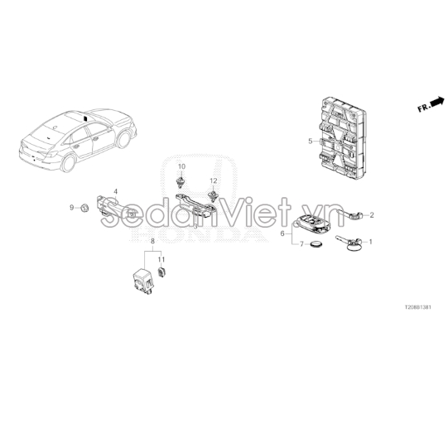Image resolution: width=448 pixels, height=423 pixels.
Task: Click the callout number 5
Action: [x=311, y=141]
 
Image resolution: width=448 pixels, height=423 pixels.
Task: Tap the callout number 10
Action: [x=181, y=166]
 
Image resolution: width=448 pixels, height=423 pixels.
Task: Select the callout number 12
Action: [x=214, y=180]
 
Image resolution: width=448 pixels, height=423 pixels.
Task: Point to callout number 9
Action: [x=72, y=208]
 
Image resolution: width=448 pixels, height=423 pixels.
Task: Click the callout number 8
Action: [x=152, y=242]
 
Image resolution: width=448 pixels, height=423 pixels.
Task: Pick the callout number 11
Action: [x=161, y=259]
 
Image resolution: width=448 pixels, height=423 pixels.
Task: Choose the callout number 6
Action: [x=282, y=233]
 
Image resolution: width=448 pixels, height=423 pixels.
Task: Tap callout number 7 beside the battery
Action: [x=301, y=244]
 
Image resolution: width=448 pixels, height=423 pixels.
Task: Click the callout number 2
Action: [x=372, y=215]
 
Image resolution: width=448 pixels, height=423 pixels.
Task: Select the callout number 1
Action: [x=371, y=242]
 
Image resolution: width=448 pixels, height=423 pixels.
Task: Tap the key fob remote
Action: [x=311, y=222]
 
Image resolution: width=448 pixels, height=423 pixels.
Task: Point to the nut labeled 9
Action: [x=84, y=208]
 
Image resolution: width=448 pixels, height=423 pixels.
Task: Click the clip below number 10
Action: [x=180, y=182]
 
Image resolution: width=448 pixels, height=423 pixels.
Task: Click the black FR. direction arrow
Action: [x=437, y=102]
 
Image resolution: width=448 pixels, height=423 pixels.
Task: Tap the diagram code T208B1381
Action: [x=417, y=307]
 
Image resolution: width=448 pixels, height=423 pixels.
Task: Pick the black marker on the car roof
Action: [x=85, y=118]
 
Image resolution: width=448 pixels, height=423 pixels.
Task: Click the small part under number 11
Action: [x=162, y=272]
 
